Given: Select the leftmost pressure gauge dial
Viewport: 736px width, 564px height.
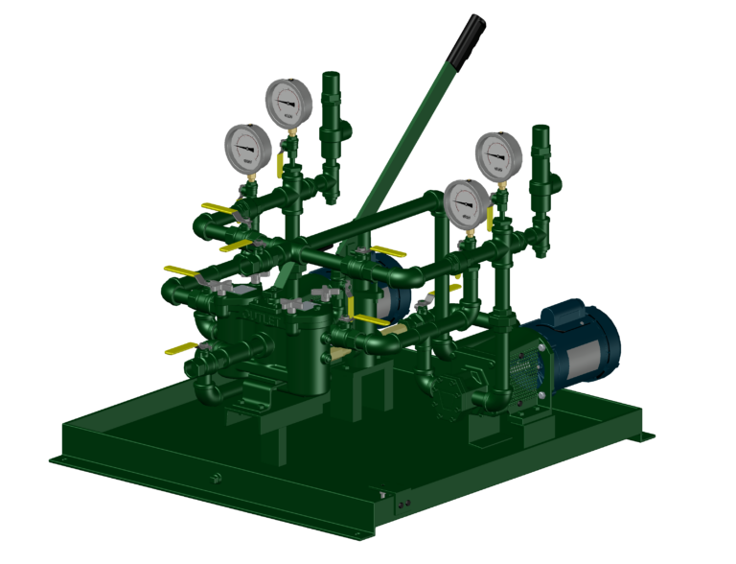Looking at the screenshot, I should point(248,149).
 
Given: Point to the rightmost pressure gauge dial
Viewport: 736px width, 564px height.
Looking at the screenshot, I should point(498,155).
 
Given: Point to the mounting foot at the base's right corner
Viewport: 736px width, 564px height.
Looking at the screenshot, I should point(641,437).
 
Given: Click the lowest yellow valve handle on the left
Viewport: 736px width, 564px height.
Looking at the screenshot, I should point(180,349).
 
